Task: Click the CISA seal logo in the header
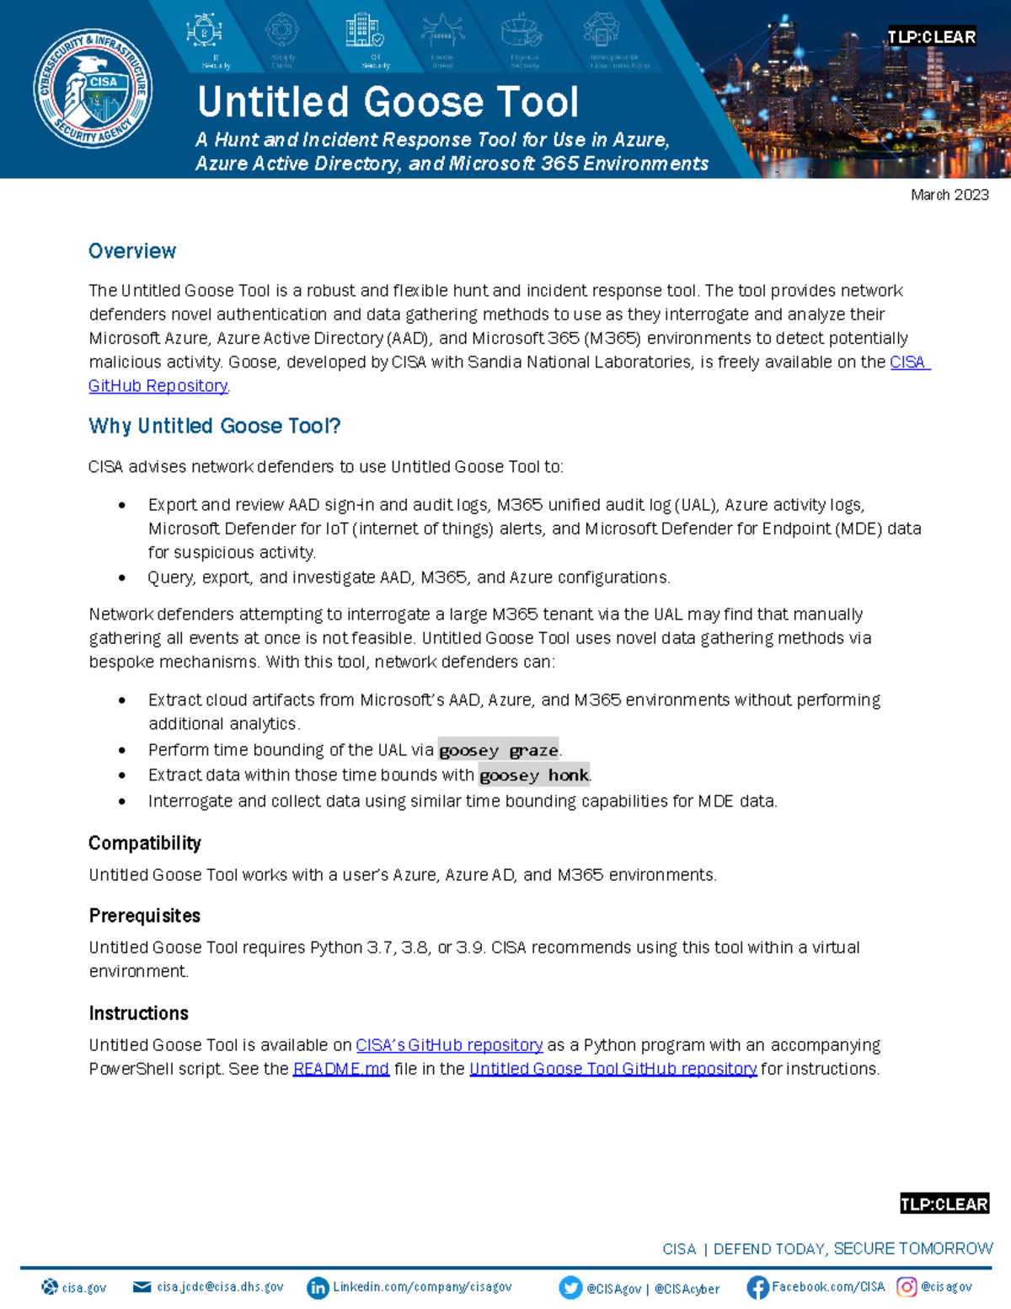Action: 94,89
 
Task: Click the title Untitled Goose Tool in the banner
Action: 388,102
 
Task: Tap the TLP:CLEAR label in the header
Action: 931,37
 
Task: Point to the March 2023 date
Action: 949,195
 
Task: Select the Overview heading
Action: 132,251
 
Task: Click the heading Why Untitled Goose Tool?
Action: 215,426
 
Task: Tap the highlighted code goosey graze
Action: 499,750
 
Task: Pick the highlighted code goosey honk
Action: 534,775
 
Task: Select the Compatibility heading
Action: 145,843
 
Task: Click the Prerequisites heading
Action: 145,915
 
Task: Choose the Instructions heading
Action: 139,1013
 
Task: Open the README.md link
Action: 340,1069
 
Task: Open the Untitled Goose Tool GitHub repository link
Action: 612,1069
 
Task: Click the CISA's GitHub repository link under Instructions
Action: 449,1045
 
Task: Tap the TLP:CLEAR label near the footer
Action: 944,1204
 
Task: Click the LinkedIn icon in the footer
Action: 318,1288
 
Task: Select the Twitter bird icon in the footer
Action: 570,1288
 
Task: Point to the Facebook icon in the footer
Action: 757,1287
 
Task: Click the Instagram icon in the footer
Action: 907,1287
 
